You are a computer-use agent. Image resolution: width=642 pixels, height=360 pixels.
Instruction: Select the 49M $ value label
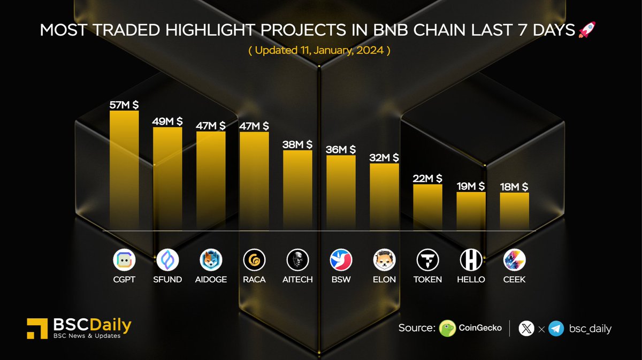point(167,121)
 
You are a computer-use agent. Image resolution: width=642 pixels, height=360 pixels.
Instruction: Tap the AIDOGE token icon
point(211,261)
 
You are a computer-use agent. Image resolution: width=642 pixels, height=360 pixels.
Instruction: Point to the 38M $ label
point(297,144)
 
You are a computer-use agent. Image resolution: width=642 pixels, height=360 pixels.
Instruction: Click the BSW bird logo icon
point(341,261)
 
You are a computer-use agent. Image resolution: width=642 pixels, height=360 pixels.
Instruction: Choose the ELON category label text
point(384,279)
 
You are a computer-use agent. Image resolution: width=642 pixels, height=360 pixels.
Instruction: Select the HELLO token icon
point(471,261)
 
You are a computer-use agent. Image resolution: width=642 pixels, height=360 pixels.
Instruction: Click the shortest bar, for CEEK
point(514,211)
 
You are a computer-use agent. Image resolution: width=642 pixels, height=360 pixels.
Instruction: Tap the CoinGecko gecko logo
point(447,328)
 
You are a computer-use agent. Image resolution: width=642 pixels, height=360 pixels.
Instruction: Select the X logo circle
point(526,328)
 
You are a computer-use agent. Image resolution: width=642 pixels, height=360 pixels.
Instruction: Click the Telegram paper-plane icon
point(556,328)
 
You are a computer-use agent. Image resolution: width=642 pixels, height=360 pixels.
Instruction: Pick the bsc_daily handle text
point(590,328)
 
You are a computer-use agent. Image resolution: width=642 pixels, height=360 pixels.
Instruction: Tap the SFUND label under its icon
point(167,279)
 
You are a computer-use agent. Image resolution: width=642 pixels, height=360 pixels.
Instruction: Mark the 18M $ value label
point(514,186)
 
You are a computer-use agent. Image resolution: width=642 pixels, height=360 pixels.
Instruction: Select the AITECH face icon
point(297,261)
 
